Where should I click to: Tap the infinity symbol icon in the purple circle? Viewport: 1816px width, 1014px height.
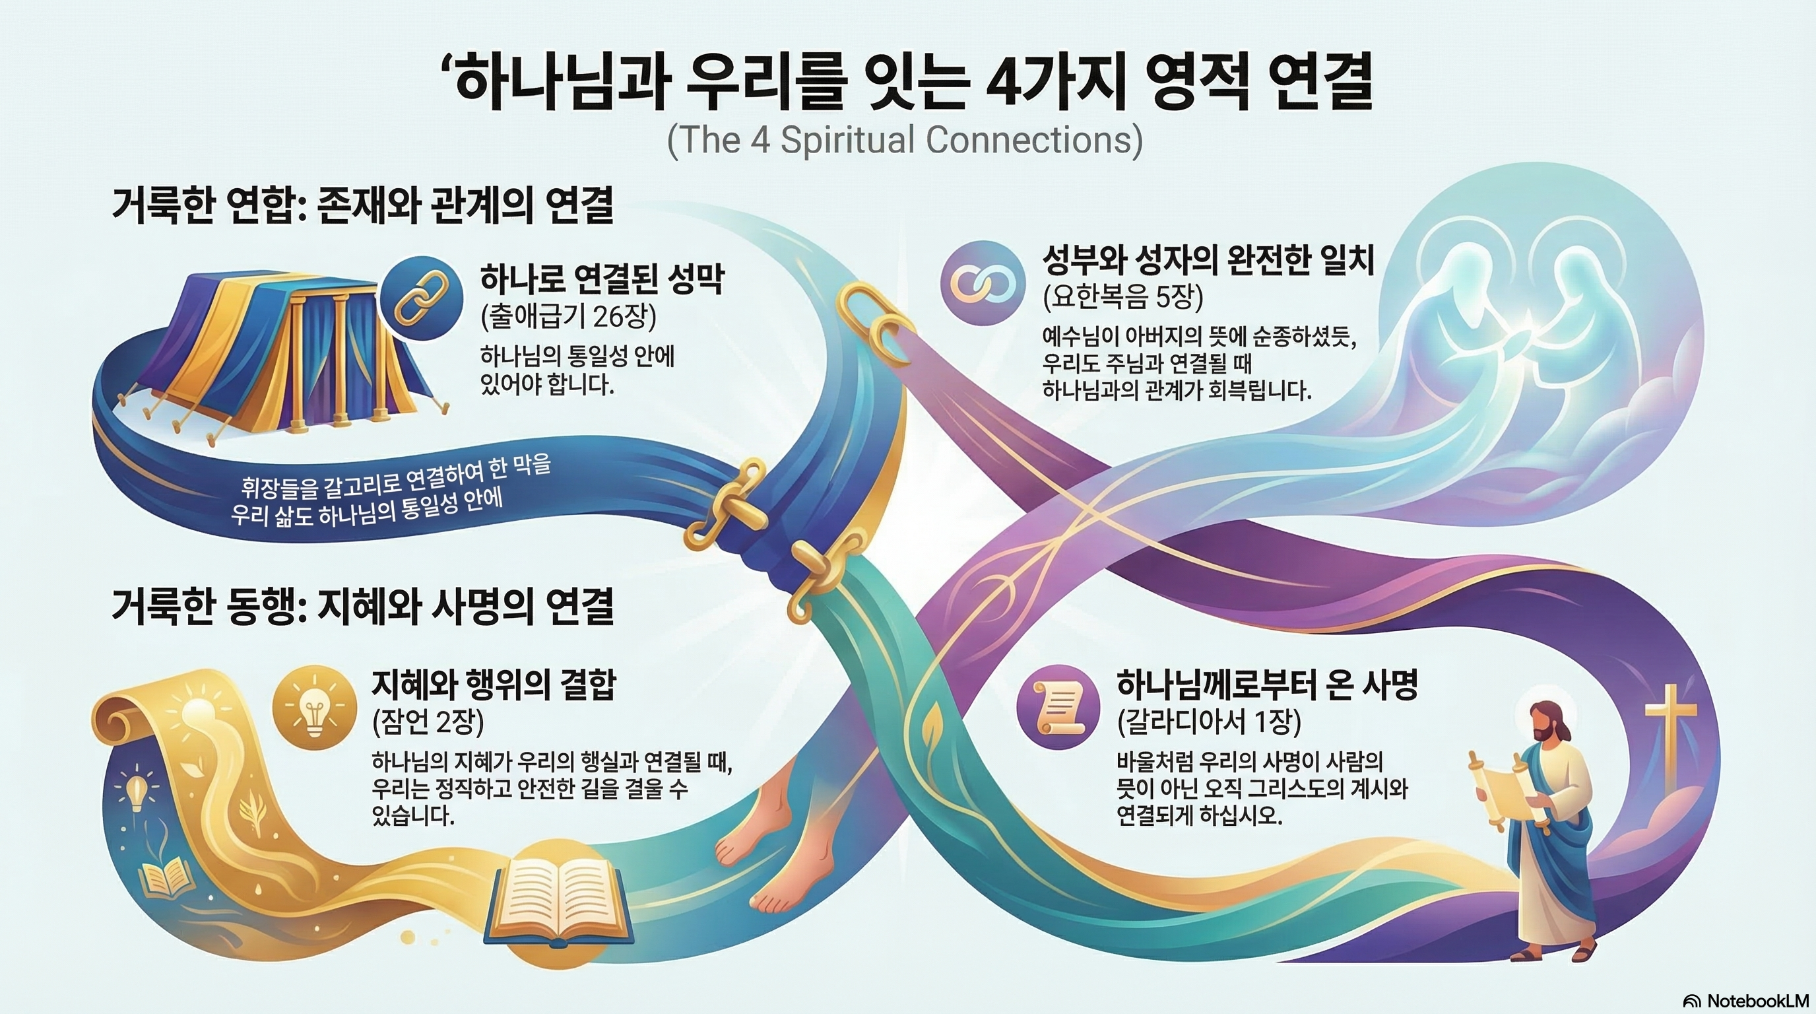pos(982,283)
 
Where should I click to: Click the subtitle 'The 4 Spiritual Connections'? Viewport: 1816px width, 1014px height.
pos(905,139)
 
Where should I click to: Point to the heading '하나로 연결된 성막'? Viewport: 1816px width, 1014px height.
pos(602,279)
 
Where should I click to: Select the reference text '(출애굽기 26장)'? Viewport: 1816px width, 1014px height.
pos(568,318)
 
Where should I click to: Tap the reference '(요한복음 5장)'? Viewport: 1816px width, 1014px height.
pos(1122,298)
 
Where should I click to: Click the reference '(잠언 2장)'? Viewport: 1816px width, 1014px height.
pos(428,722)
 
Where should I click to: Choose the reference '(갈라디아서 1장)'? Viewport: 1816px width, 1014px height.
pos(1209,722)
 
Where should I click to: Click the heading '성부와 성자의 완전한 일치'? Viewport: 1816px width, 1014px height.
pos(1208,260)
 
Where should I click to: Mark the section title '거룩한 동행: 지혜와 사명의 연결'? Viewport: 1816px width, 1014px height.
pos(362,607)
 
